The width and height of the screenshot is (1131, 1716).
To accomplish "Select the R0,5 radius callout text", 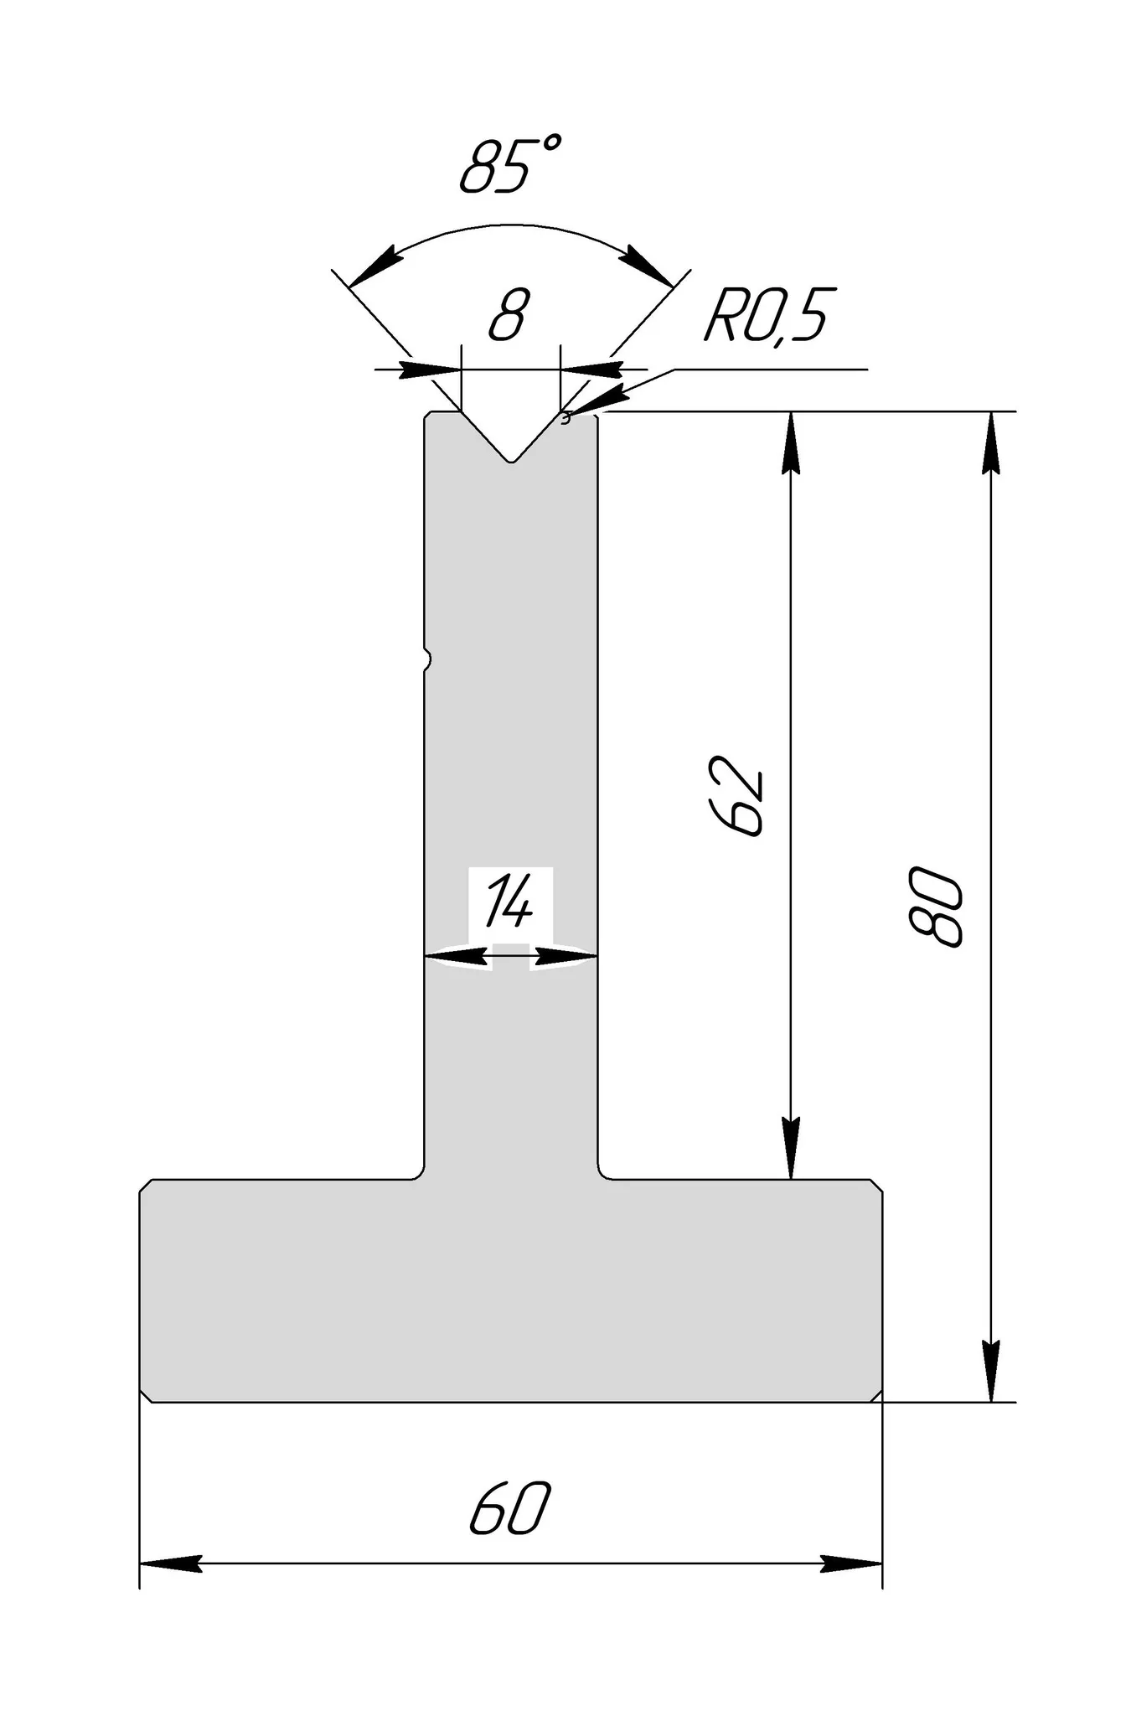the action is [x=766, y=315].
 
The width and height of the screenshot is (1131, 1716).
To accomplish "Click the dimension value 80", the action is [x=935, y=907].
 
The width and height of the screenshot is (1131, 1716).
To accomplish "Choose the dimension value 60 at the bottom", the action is [x=510, y=1508].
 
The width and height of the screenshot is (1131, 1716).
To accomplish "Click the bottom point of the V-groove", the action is [x=511, y=462].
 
